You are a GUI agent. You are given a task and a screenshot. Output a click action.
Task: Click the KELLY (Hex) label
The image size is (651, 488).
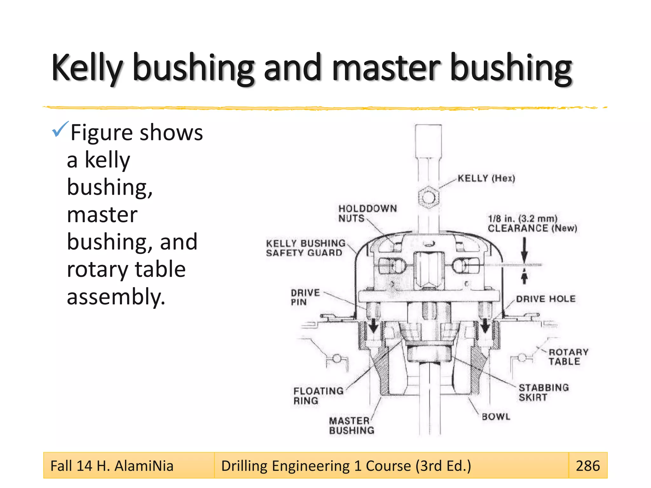click(486, 178)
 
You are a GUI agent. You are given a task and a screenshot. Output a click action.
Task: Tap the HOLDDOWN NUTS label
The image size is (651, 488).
click(367, 213)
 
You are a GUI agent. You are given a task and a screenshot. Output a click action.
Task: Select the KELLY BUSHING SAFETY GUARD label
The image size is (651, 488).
click(305, 248)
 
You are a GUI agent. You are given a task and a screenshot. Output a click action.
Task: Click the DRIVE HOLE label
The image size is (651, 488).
click(545, 299)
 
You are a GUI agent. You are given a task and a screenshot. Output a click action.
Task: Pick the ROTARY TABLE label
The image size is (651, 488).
click(568, 357)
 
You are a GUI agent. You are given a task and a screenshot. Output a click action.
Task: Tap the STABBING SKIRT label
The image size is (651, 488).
click(543, 392)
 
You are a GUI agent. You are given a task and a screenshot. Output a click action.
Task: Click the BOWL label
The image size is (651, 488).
click(496, 417)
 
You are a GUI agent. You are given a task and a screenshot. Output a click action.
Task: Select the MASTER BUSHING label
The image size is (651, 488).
click(351, 425)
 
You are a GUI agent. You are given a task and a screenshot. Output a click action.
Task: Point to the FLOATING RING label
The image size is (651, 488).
click(318, 396)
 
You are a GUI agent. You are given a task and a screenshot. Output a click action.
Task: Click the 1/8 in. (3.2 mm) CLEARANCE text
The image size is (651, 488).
click(532, 223)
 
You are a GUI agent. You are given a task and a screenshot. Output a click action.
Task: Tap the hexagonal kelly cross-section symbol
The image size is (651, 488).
click(428, 198)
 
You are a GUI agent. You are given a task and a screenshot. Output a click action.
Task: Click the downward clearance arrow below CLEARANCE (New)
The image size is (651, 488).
click(524, 251)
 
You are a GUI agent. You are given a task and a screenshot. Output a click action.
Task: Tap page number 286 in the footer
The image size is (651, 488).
click(587, 466)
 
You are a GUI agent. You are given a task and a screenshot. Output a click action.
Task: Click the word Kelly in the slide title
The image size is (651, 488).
click(87, 68)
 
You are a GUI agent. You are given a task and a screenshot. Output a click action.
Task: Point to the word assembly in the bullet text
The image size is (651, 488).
click(116, 297)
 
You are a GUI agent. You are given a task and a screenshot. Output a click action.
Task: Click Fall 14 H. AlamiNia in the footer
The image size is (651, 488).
click(112, 466)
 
